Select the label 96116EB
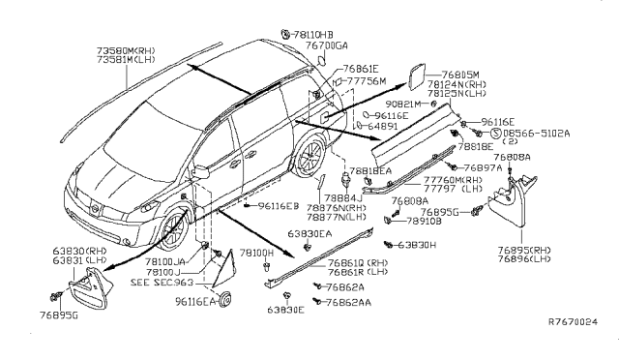(x=278, y=206)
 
